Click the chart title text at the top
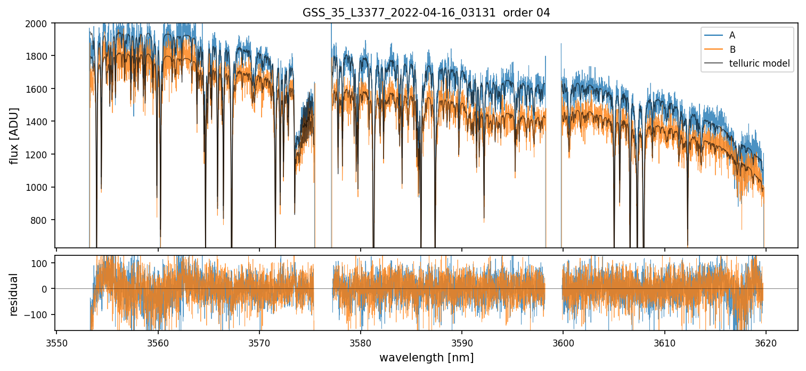tap(426, 13)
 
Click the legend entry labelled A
tap(732, 35)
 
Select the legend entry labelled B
tap(732, 50)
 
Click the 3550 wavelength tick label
tap(56, 341)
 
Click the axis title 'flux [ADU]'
tap(14, 135)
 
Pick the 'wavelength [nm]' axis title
tap(426, 358)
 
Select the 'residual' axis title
tap(14, 294)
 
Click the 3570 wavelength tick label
tap(259, 341)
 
